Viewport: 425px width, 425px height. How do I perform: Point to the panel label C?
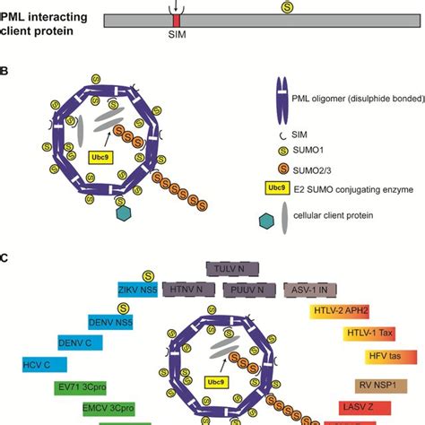[x=5, y=257]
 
